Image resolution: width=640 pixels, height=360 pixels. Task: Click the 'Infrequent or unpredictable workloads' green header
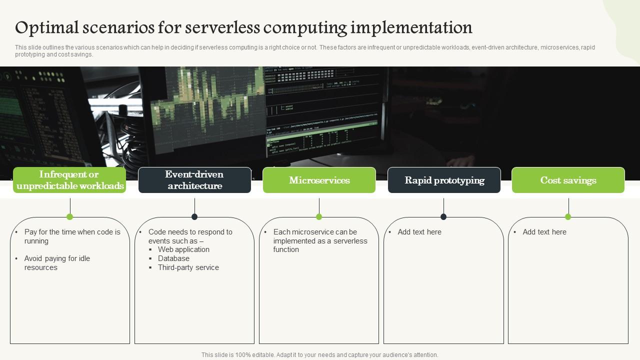pos(69,180)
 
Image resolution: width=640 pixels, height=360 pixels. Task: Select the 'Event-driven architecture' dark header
pos(194,180)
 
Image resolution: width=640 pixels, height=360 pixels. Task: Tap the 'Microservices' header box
pos(319,180)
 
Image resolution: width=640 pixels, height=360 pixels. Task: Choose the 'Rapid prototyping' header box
pos(444,180)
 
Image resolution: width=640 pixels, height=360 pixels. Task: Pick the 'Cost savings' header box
pos(568,180)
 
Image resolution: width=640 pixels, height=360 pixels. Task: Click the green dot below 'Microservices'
pos(319,216)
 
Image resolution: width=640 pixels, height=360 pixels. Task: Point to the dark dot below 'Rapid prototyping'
pos(443,216)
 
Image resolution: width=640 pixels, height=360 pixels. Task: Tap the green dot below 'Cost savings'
pos(568,216)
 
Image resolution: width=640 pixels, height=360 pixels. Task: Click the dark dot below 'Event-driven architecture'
pos(194,216)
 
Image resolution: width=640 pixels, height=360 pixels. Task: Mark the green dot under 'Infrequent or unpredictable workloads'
pos(70,216)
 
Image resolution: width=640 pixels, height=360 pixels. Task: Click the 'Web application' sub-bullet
pos(183,249)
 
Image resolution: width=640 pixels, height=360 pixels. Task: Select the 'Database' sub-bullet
pos(173,258)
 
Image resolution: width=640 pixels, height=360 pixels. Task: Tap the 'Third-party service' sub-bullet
pos(188,267)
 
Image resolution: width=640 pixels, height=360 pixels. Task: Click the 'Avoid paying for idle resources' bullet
pos(57,263)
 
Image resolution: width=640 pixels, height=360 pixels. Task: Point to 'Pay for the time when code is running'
pos(72,236)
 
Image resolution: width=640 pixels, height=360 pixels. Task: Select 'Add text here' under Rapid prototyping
pos(419,232)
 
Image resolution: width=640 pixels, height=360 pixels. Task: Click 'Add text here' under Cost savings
pos(544,232)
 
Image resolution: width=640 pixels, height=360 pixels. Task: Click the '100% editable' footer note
pos(319,355)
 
